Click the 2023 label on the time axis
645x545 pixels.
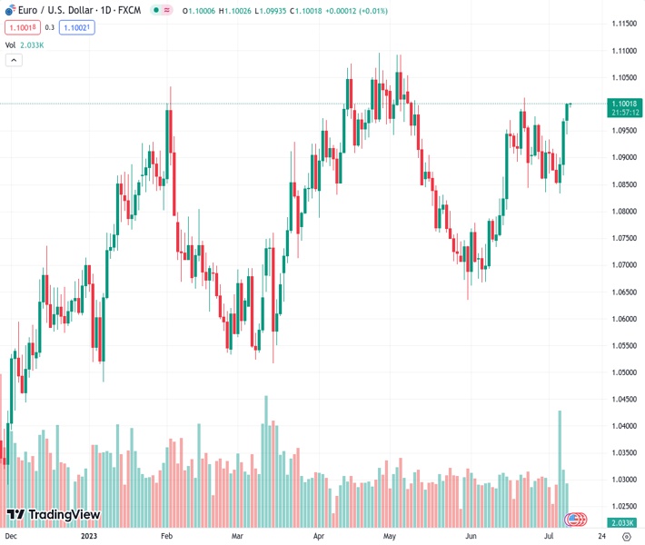point(87,536)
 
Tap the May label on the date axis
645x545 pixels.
point(390,536)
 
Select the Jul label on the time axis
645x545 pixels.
point(549,536)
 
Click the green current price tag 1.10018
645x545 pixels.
point(626,104)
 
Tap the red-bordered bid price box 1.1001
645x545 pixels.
point(22,28)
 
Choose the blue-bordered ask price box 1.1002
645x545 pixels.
point(76,28)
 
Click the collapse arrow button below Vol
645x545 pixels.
point(14,60)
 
